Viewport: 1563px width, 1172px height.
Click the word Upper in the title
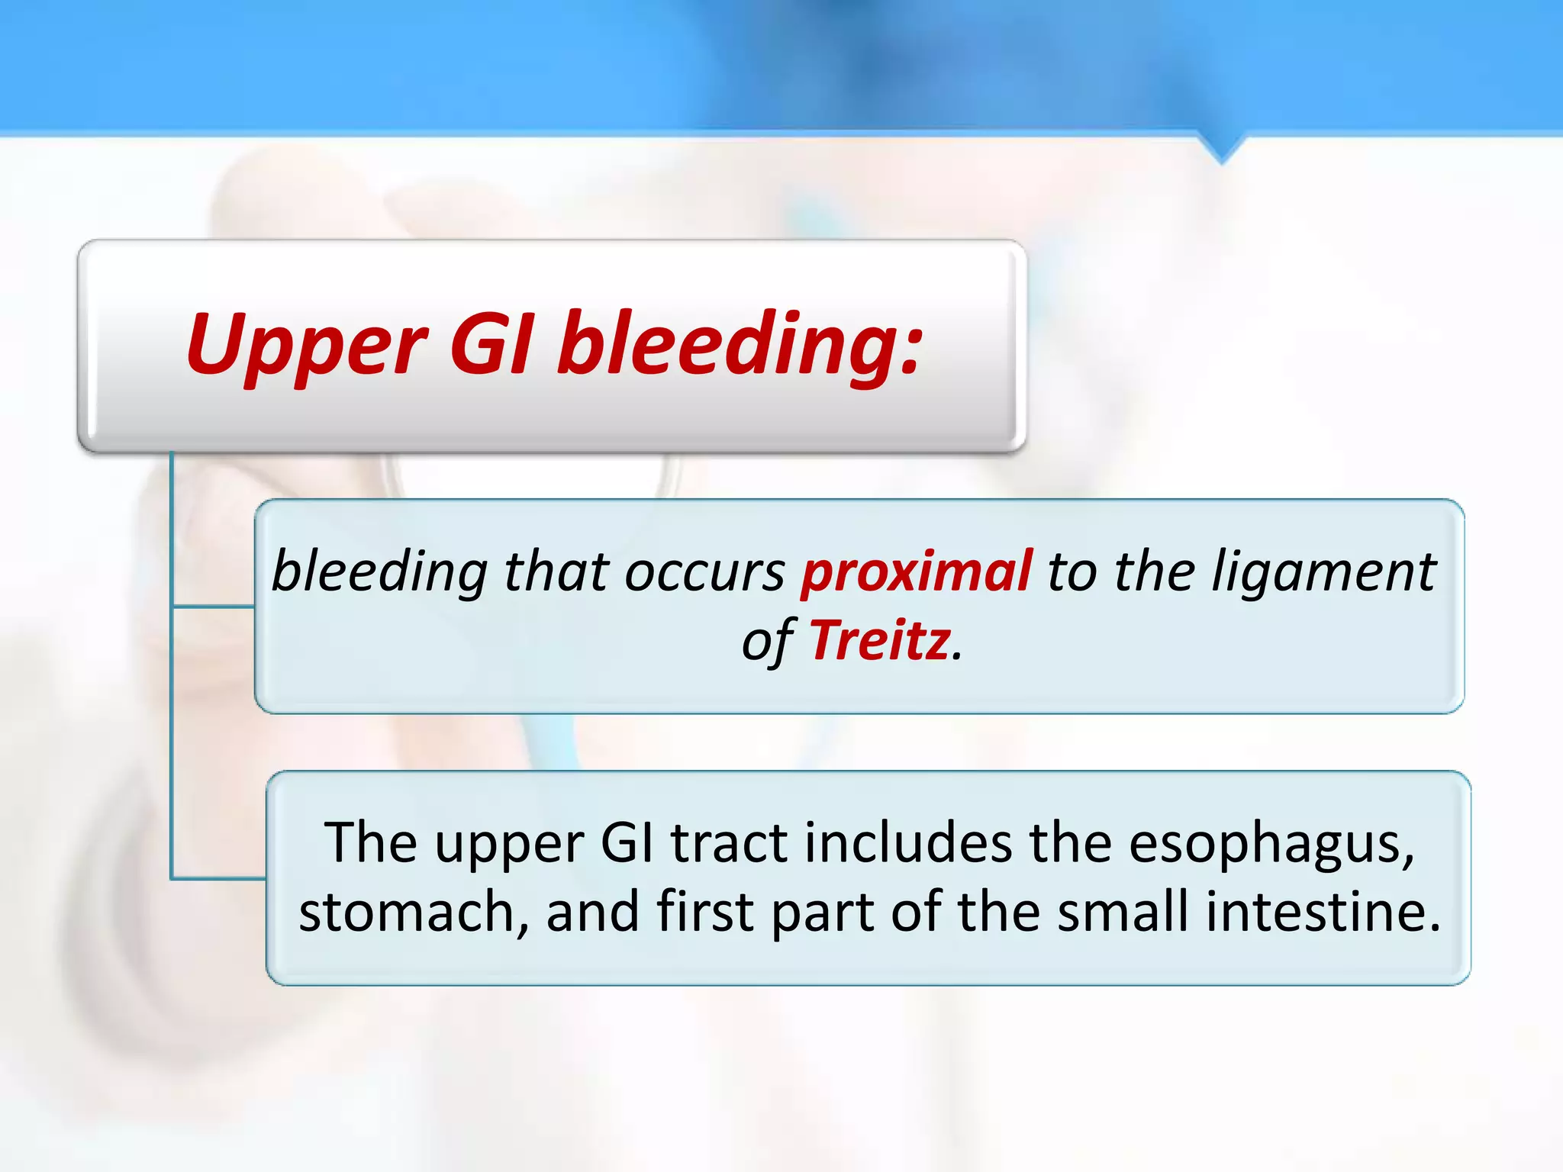tap(305, 347)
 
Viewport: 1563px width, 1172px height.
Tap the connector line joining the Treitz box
tap(214, 607)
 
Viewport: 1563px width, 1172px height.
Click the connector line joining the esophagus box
tap(218, 879)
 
